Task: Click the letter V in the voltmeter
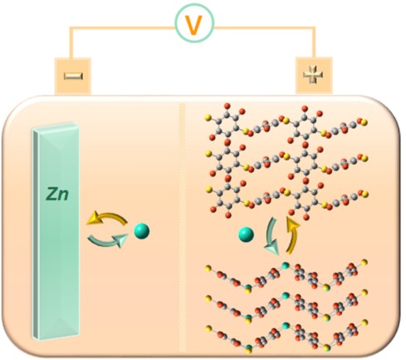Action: (x=195, y=25)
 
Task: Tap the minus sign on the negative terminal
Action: (x=73, y=76)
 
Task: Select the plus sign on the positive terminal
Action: (x=313, y=75)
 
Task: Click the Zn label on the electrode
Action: (x=57, y=194)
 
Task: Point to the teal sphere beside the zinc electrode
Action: (x=141, y=231)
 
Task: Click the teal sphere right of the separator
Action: (x=246, y=234)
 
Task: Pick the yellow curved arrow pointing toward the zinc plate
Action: (x=106, y=217)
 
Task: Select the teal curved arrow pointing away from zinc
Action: (x=106, y=241)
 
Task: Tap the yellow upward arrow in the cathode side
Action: (x=294, y=235)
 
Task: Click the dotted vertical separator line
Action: (x=182, y=227)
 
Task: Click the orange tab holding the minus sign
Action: (x=72, y=76)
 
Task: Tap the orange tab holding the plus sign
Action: (x=314, y=76)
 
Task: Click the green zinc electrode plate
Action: (x=57, y=230)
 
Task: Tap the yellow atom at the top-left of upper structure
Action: (x=208, y=117)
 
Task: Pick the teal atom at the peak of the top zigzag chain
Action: (x=285, y=265)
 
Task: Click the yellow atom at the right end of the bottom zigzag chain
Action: (x=364, y=322)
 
